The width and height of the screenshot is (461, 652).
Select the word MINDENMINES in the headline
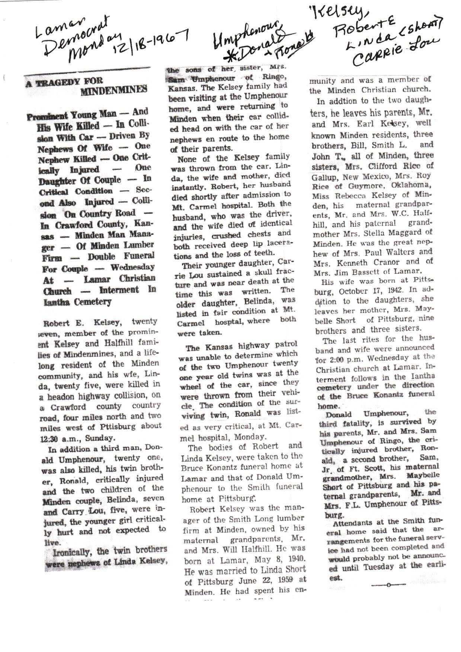[x=114, y=90]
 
